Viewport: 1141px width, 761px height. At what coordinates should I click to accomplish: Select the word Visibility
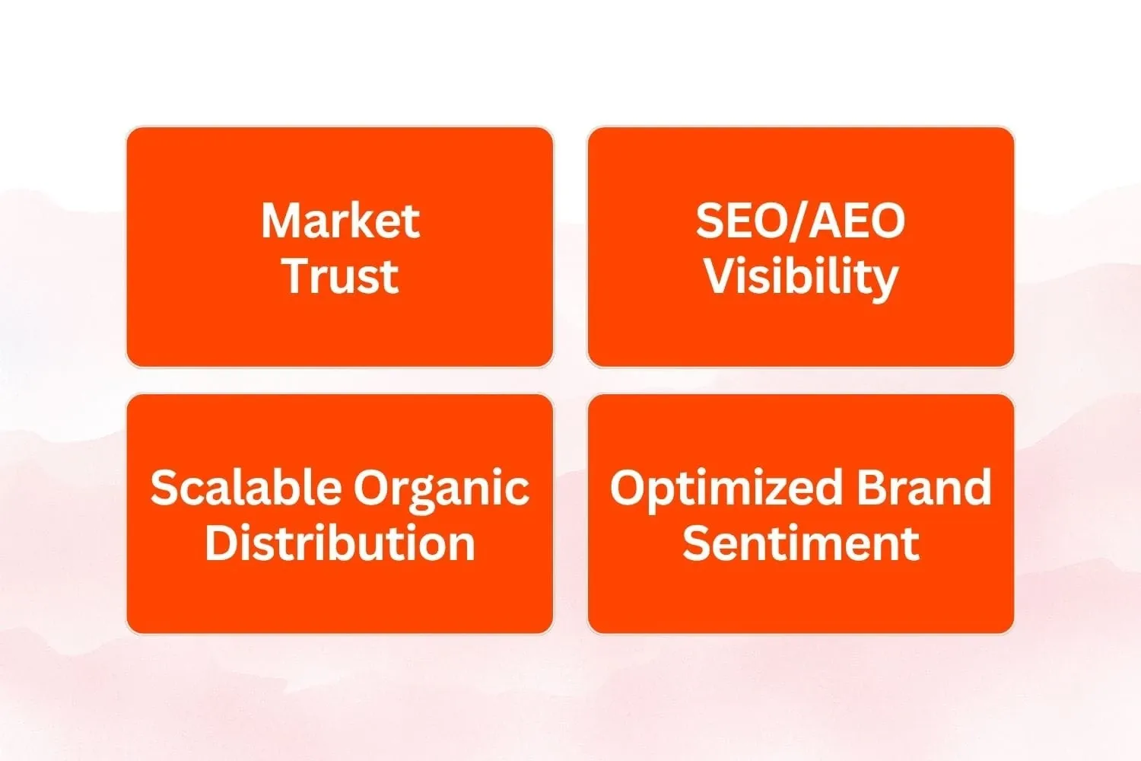click(x=801, y=280)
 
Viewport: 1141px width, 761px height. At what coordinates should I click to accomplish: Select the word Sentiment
click(x=801, y=543)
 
